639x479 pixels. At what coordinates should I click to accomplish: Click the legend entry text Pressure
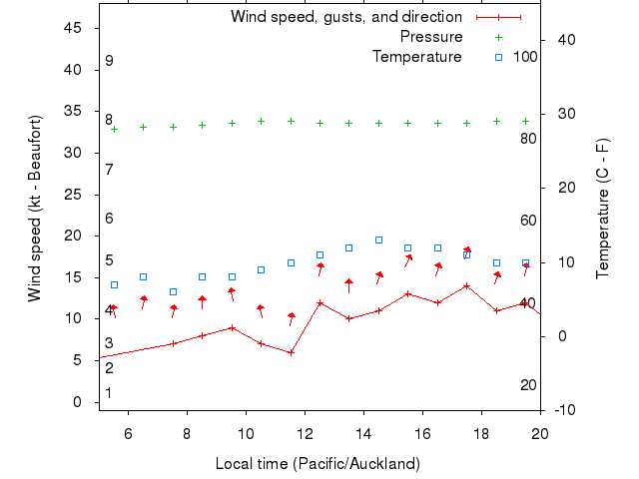click(431, 37)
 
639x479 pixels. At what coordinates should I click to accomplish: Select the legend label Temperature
click(417, 57)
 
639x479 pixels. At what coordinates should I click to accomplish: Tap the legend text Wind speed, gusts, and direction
click(346, 17)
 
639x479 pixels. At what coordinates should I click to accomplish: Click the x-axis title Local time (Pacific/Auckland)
click(318, 464)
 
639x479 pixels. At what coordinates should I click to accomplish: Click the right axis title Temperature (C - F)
click(603, 209)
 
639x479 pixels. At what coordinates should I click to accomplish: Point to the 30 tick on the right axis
click(562, 114)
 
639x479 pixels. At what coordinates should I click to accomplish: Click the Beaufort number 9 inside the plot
click(109, 61)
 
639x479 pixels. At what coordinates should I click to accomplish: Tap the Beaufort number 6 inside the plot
click(109, 219)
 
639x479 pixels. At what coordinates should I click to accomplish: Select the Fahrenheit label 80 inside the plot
click(528, 138)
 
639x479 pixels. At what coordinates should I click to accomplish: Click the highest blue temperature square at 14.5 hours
click(378, 239)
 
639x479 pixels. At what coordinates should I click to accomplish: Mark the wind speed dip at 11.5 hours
click(291, 352)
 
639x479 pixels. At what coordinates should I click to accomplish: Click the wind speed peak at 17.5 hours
click(466, 285)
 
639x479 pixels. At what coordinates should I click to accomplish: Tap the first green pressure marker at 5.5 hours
click(114, 129)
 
